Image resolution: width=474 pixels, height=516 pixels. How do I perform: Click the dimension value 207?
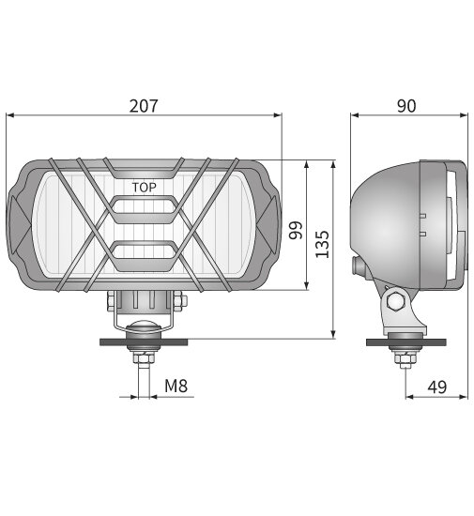click(143, 105)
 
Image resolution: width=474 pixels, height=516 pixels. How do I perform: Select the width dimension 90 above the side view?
click(406, 105)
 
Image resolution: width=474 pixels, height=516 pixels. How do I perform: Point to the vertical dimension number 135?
click(321, 244)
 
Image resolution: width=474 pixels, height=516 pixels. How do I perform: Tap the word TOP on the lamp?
click(144, 187)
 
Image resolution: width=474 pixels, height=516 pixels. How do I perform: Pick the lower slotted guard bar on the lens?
click(144, 250)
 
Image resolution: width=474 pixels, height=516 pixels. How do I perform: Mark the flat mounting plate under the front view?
click(144, 341)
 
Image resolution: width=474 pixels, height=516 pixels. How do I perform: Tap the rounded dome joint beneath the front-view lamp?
click(144, 326)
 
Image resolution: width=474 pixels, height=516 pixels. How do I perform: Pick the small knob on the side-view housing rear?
click(357, 266)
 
